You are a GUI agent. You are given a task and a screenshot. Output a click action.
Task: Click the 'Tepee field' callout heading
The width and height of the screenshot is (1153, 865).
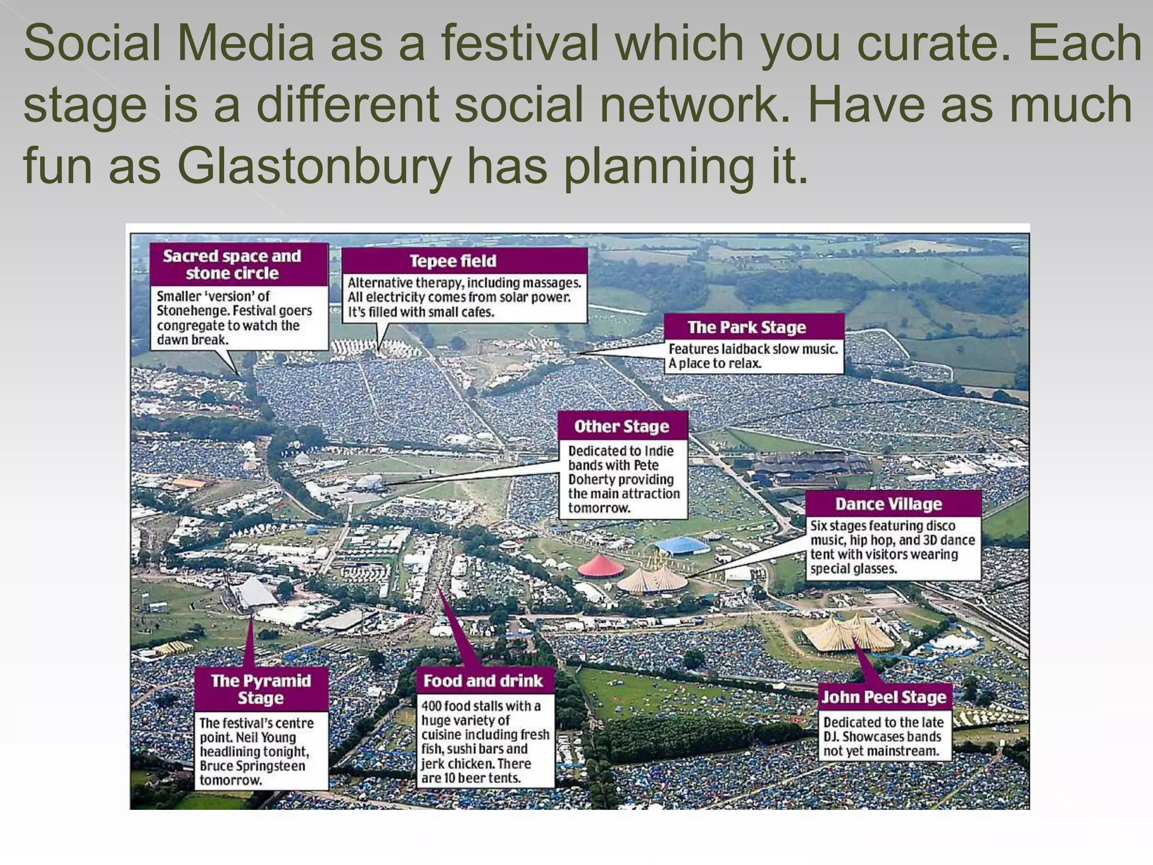pyautogui.click(x=453, y=261)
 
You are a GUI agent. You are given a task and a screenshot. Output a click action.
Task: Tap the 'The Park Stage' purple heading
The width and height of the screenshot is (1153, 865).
pyautogui.click(x=747, y=327)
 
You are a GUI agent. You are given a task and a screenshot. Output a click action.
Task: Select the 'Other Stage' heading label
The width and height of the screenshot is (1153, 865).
pyautogui.click(x=622, y=426)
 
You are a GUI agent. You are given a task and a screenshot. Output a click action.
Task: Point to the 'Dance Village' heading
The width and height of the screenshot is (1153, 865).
pyautogui.click(x=888, y=503)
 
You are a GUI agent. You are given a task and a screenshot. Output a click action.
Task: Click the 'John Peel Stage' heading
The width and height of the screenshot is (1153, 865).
pyautogui.click(x=884, y=697)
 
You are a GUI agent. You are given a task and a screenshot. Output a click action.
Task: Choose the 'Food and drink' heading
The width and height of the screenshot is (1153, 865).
pyautogui.click(x=483, y=681)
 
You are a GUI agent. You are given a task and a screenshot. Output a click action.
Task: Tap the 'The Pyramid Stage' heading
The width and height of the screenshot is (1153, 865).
pyautogui.click(x=261, y=689)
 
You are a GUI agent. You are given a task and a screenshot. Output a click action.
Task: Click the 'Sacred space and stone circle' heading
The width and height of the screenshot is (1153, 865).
pyautogui.click(x=232, y=265)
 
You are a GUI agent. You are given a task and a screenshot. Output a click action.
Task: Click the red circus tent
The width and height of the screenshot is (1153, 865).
pyautogui.click(x=601, y=565)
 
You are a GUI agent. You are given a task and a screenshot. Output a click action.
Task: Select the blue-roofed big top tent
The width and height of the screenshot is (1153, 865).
pyautogui.click(x=682, y=545)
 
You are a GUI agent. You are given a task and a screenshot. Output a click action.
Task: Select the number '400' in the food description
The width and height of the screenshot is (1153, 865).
pyautogui.click(x=431, y=706)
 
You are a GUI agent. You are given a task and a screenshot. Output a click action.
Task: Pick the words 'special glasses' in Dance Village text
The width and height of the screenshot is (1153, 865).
pyautogui.click(x=853, y=569)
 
